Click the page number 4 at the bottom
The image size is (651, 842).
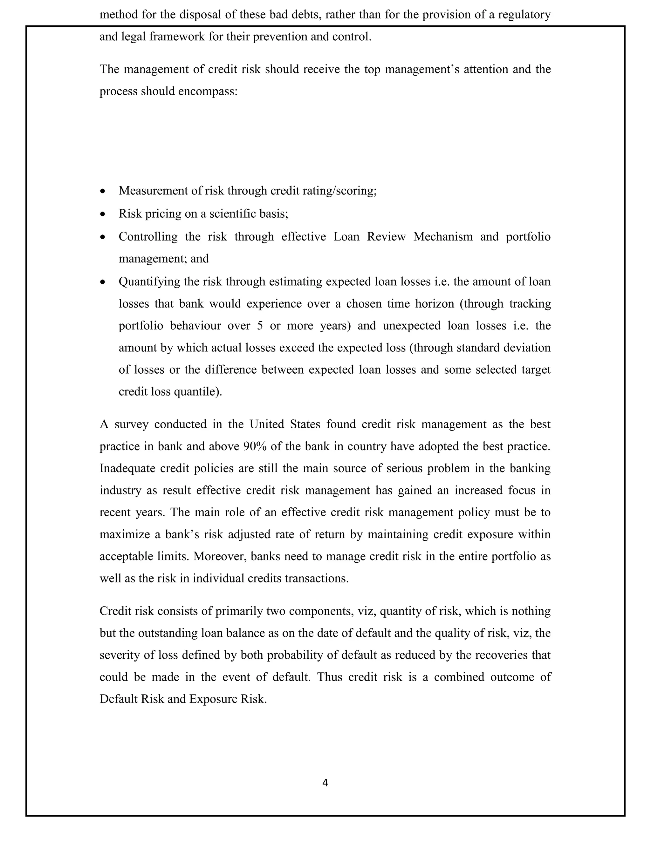[x=325, y=783]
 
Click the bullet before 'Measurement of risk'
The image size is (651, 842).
[x=102, y=191]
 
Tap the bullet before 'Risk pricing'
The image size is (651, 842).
[x=102, y=214]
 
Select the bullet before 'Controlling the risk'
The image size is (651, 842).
[x=102, y=237]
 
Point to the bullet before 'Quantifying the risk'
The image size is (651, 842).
[x=102, y=282]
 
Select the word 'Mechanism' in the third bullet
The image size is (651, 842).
[x=443, y=236]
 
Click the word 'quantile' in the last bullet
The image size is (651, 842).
[x=197, y=392]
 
